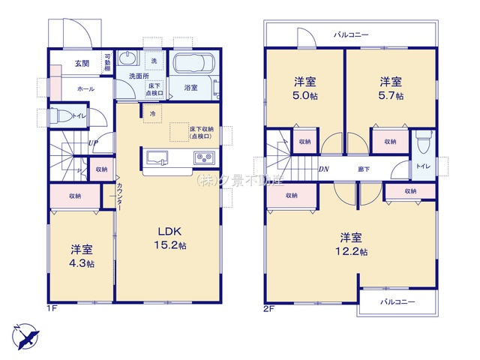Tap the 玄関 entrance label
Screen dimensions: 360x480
82,64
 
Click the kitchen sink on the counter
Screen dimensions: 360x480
157,158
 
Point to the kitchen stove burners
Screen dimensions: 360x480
204,158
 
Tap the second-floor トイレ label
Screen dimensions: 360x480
423,166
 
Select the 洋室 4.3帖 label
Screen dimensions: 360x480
82,255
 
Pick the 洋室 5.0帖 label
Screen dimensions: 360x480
304,88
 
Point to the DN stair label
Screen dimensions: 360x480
324,169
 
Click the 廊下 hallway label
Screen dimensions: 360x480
363,169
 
